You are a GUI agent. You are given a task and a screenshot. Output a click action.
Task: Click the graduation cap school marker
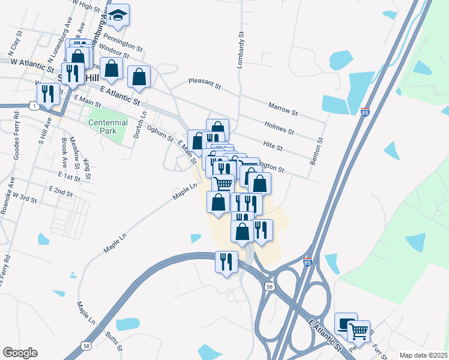(119, 16)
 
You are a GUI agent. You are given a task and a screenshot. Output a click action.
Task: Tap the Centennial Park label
(108, 127)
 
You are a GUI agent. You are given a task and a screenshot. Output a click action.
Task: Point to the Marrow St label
(283, 108)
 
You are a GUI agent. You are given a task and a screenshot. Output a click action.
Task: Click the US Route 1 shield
(35, 106)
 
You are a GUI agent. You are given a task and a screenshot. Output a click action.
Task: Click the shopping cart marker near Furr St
(358, 330)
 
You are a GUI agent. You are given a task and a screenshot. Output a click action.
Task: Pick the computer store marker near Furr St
(345, 323)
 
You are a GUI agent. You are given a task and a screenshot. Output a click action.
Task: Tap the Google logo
(20, 353)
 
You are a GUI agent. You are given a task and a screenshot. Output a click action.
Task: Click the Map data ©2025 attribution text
(423, 355)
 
